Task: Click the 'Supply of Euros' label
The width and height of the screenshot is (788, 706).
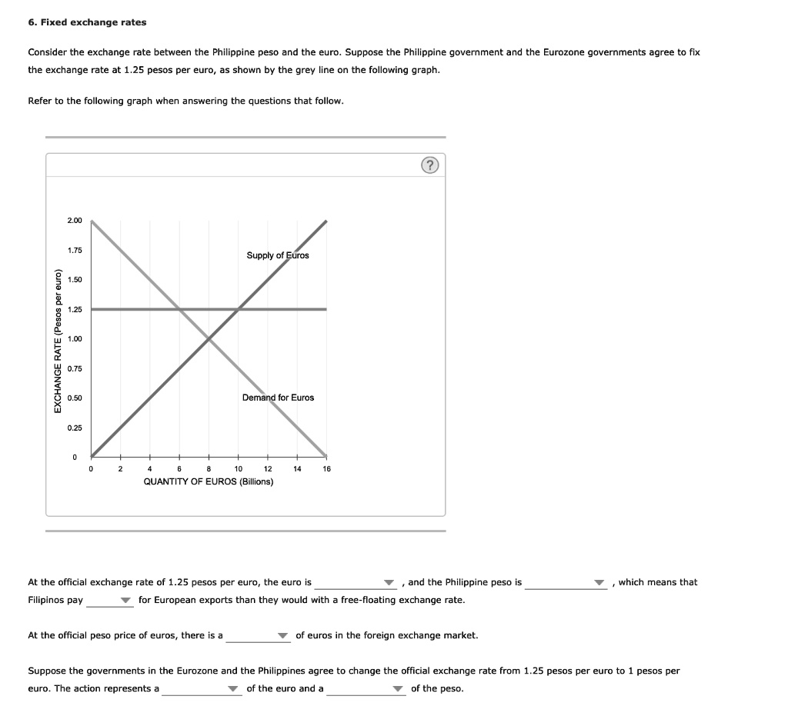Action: [277, 255]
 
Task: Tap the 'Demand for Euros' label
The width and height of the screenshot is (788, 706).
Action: [278, 398]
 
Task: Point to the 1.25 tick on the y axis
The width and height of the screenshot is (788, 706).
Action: [75, 309]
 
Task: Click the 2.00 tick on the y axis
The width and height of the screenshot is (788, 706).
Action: [75, 221]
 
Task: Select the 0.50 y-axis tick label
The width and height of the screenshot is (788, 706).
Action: [75, 398]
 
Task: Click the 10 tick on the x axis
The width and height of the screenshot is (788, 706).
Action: [239, 468]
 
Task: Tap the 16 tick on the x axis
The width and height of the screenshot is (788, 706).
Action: [326, 468]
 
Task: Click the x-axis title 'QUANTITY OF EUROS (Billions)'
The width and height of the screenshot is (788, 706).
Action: [209, 481]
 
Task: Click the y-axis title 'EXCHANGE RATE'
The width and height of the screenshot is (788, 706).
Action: [58, 340]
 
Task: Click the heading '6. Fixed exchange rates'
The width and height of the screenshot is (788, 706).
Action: [87, 22]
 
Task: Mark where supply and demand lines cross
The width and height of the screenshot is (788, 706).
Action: [209, 338]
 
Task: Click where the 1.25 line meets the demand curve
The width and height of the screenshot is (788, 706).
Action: [179, 309]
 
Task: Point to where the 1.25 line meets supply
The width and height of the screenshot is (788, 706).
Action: [239, 309]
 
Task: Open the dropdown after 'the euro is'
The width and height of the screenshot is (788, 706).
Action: [355, 583]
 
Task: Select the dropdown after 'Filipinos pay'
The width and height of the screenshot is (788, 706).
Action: [110, 601]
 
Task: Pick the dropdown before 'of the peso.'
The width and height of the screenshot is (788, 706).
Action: [366, 689]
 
